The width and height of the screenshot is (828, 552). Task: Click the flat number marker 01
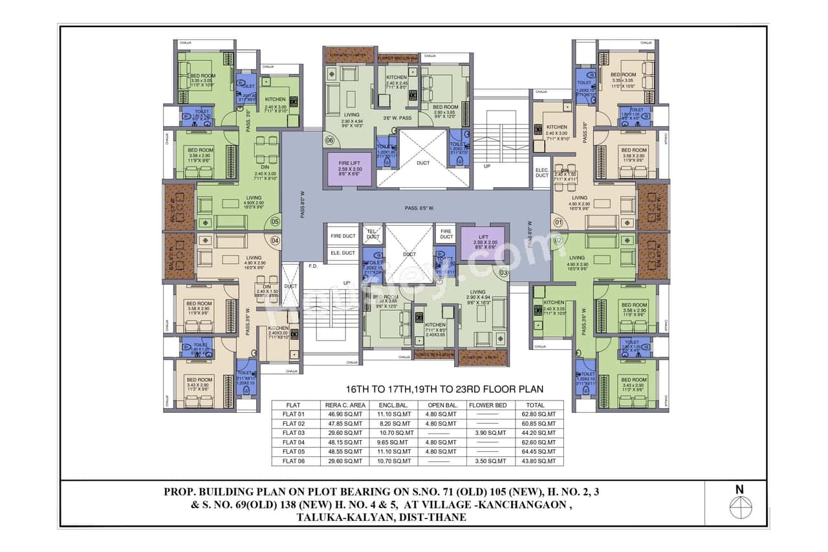[558, 223]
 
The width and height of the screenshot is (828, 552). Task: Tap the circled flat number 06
[329, 140]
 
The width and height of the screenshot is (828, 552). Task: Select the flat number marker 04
[275, 240]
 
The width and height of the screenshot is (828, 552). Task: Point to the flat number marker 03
[504, 273]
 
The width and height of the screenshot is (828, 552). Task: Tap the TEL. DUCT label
[373, 234]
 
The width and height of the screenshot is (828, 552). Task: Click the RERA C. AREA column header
[346, 405]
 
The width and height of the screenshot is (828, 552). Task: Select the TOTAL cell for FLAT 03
[542, 433]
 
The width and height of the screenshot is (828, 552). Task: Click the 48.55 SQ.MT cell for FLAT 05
[346, 452]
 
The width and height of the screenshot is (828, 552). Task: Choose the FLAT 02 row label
[294, 424]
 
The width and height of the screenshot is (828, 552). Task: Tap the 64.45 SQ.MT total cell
[542, 452]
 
